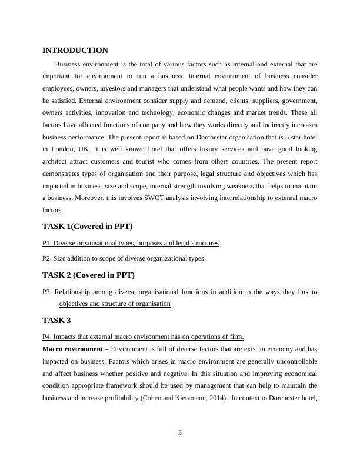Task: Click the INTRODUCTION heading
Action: [75, 51]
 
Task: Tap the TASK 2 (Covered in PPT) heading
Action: [89, 275]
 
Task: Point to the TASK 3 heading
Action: [57, 320]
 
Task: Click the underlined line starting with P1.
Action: [131, 242]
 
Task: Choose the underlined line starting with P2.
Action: [123, 258]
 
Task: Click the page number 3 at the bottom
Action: [180, 433]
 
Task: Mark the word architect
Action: [56, 162]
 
